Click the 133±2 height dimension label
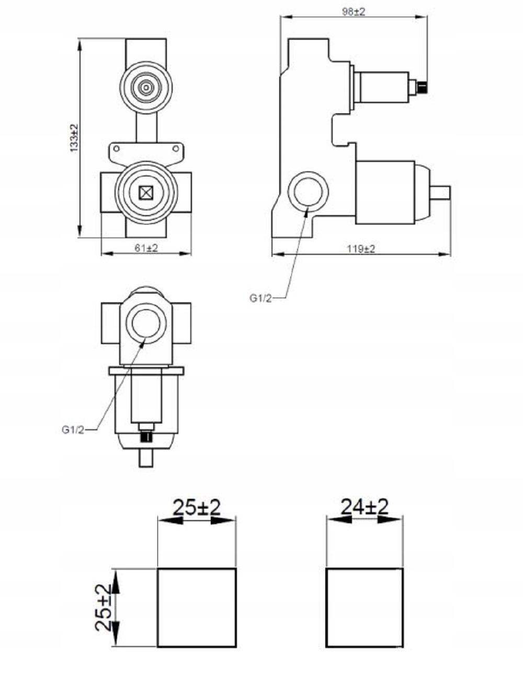[74, 138]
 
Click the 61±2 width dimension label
[146, 249]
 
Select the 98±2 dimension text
[354, 11]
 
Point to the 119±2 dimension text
[361, 249]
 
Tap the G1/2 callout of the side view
[260, 298]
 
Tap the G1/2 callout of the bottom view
[73, 430]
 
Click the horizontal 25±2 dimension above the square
[197, 507]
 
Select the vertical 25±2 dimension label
[104, 608]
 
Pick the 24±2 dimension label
[365, 507]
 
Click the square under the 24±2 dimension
[365, 608]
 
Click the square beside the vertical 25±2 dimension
[197, 608]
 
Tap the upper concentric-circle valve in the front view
[145, 87]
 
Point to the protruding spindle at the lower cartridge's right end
[440, 192]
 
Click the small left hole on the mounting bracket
[116, 148]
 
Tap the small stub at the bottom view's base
[145, 458]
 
